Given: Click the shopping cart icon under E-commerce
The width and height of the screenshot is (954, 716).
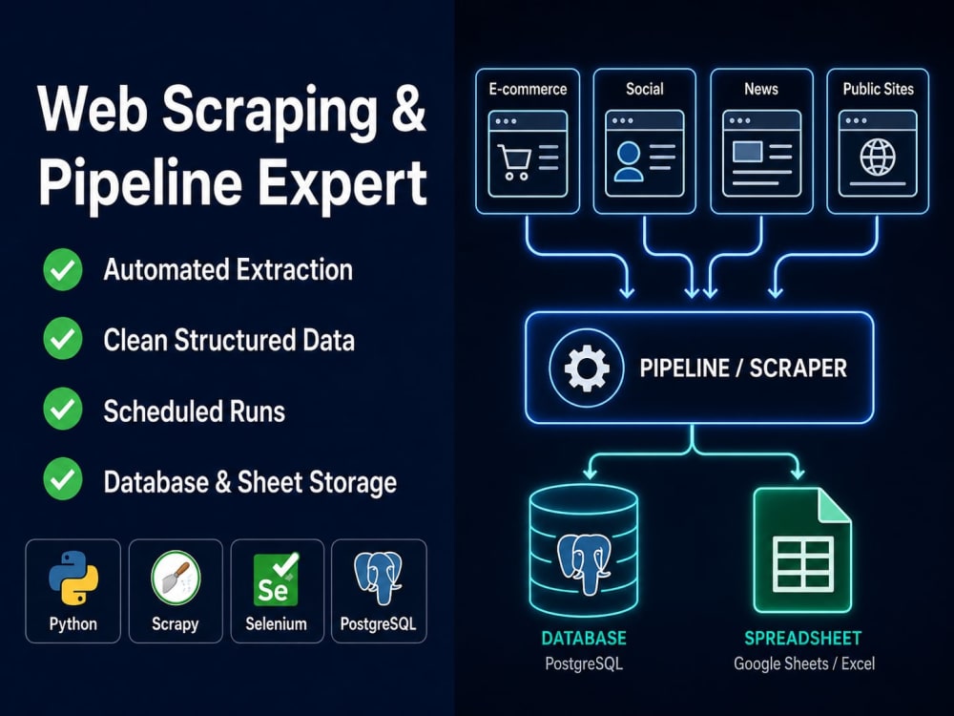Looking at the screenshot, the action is [x=514, y=161].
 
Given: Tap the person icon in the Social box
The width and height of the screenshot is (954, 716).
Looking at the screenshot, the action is [x=629, y=161].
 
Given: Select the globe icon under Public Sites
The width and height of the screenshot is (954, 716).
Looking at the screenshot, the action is [x=878, y=157].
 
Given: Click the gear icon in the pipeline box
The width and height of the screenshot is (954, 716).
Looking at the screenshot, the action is [x=587, y=368].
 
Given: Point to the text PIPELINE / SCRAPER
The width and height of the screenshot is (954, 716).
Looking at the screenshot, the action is [x=743, y=369].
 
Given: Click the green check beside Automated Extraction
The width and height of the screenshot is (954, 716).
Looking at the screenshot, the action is [x=63, y=270].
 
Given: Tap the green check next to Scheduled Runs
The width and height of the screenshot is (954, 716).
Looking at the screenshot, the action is [x=63, y=410].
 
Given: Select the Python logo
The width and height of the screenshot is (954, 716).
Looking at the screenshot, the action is [x=73, y=578].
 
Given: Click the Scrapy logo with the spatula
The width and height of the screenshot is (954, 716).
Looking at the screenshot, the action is [x=176, y=578].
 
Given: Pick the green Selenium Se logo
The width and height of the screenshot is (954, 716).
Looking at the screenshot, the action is [x=276, y=579].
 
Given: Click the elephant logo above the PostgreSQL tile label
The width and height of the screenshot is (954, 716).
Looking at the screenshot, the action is [x=378, y=578].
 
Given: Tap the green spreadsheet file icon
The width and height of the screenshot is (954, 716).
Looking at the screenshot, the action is [x=802, y=551].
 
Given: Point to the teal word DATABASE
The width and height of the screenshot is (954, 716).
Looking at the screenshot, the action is [x=584, y=638].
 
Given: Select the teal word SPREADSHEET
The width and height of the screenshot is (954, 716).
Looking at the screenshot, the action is [x=803, y=638].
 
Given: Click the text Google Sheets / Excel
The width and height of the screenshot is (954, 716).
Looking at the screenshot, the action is [x=803, y=663].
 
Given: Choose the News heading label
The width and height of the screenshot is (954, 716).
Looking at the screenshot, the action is [x=761, y=90].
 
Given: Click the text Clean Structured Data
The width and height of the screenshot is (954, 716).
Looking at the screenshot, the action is [x=229, y=341].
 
